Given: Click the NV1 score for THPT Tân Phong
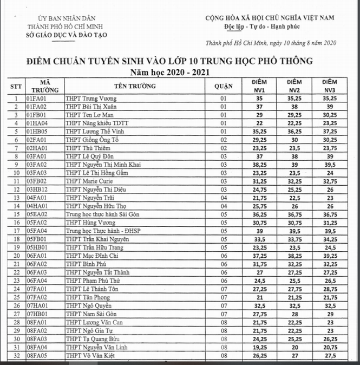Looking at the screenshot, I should coord(259,297).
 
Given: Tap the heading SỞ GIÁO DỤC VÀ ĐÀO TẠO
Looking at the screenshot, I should coord(67,35).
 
